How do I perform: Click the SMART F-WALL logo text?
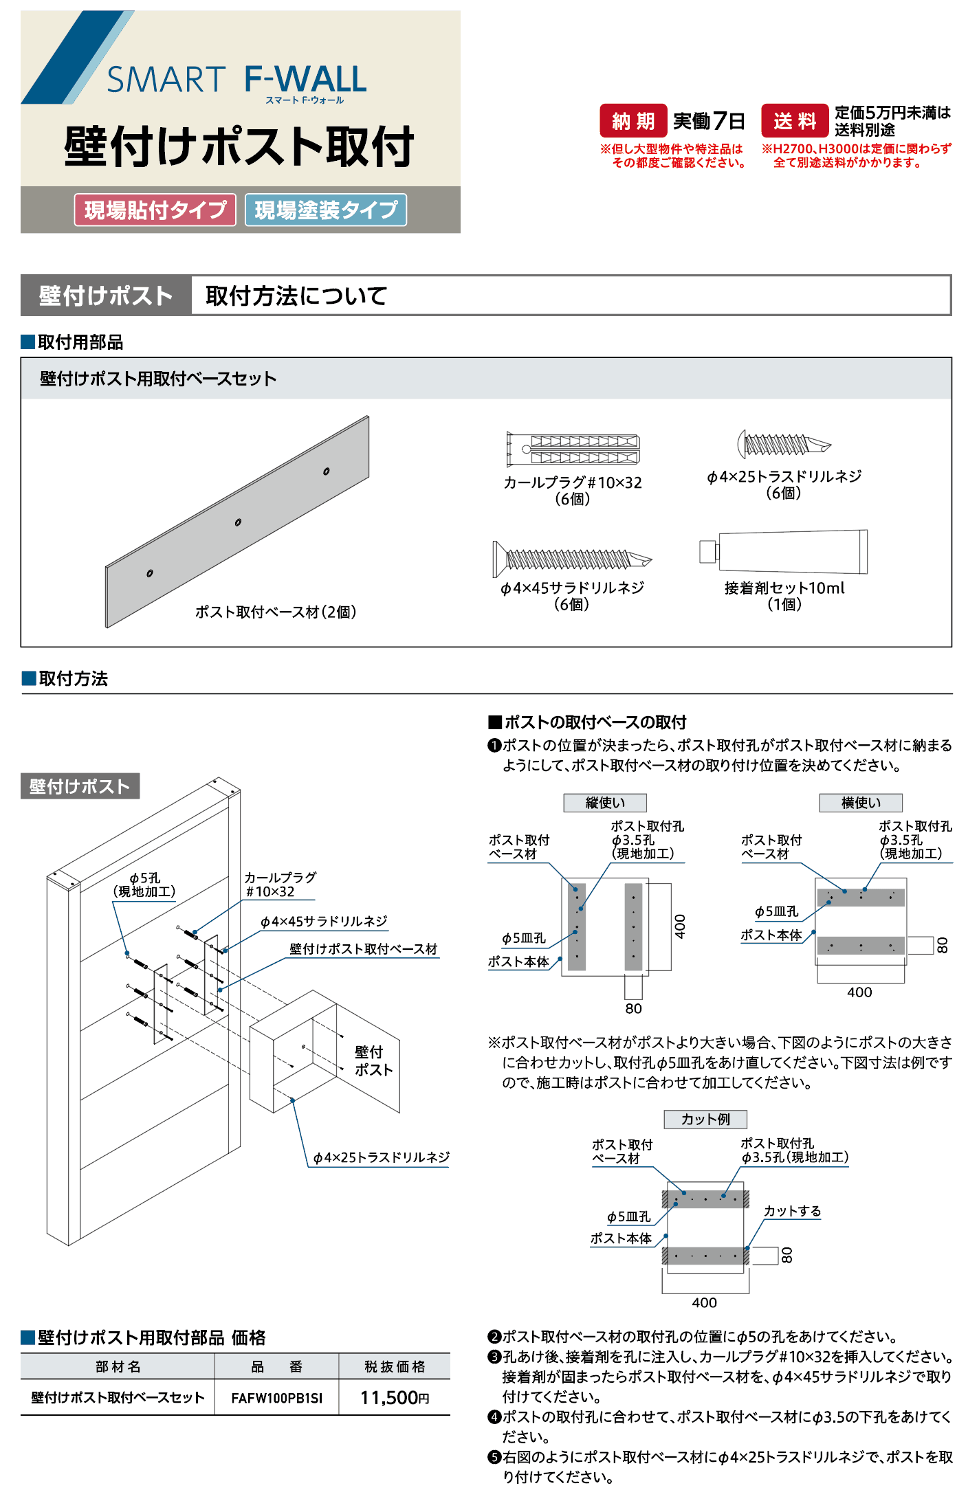[x=236, y=80]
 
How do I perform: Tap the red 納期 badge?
[x=633, y=121]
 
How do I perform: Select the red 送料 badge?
[x=795, y=121]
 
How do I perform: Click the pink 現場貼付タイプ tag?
[x=155, y=210]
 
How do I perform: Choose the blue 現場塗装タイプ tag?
[x=326, y=210]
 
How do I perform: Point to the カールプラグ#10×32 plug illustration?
[x=573, y=449]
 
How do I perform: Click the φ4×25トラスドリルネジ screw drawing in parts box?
[x=784, y=445]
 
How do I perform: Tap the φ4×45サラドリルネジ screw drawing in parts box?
[x=571, y=559]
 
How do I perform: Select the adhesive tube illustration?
[x=784, y=551]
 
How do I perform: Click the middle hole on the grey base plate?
[x=238, y=522]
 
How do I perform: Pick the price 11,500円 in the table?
[x=395, y=1398]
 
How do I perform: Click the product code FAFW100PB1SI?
[x=276, y=1398]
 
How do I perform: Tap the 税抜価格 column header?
[x=395, y=1366]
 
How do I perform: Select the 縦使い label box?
[x=605, y=803]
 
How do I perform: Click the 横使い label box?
[x=861, y=803]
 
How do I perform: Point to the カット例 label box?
[x=705, y=1120]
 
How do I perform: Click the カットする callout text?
[x=792, y=1211]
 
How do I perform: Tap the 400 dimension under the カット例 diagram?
[x=704, y=1302]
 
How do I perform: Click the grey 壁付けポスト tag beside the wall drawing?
[x=80, y=786]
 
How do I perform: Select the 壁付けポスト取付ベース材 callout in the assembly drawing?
[x=363, y=949]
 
